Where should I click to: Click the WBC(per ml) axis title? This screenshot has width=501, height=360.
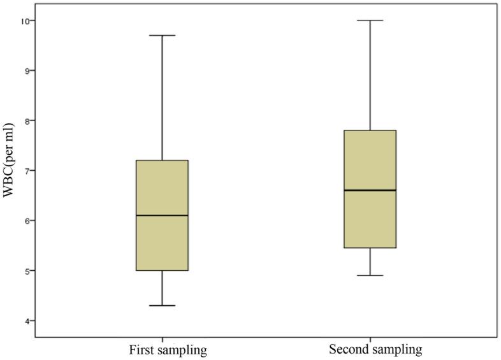(x=8, y=171)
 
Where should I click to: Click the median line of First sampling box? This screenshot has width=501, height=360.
(x=163, y=215)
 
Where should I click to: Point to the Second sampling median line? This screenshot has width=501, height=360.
(x=370, y=190)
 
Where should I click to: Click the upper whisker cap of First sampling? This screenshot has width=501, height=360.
(x=163, y=35)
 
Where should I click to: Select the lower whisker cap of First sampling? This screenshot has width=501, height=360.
(x=163, y=306)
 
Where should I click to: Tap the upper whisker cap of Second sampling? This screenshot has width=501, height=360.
(x=370, y=20)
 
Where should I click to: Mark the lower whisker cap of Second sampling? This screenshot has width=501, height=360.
(x=370, y=275)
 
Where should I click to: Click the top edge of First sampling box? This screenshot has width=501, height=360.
(x=163, y=161)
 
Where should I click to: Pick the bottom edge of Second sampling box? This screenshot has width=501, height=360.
(x=370, y=248)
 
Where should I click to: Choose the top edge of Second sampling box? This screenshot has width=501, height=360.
(x=370, y=131)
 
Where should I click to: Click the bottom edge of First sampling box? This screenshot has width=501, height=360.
(x=163, y=271)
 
